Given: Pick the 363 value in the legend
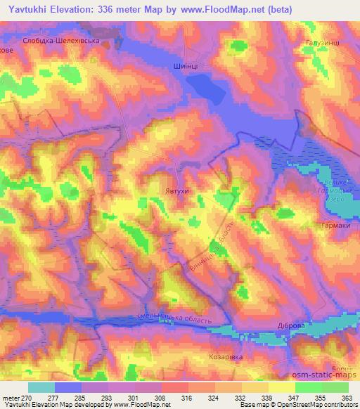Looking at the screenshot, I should (x=347, y=398).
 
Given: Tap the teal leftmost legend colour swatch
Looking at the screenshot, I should (x=41, y=387).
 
